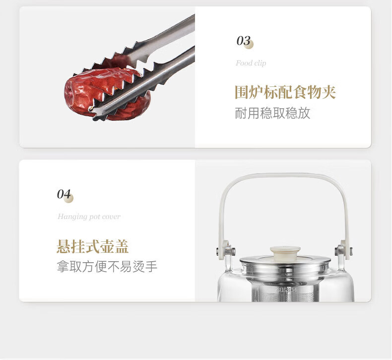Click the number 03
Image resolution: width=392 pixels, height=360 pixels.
243,41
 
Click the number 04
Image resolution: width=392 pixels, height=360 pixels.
64,194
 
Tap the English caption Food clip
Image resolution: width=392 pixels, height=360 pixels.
251,63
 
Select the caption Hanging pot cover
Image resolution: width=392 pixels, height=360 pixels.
89,216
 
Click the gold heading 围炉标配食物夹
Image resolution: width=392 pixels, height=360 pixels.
285,92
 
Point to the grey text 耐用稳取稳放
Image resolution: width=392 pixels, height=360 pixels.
272,113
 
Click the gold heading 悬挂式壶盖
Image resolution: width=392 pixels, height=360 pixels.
92,246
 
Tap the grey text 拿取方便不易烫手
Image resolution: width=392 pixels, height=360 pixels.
107,266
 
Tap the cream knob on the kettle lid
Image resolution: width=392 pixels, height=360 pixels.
285,253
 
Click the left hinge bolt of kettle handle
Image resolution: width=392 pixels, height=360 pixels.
225,251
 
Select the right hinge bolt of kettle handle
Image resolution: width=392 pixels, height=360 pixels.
344,251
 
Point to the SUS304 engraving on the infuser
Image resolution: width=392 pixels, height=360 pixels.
286,290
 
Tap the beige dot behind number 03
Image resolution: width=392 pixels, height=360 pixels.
249,44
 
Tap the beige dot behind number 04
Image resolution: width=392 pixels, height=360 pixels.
68,198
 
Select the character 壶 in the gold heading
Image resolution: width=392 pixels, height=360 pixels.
107,246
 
